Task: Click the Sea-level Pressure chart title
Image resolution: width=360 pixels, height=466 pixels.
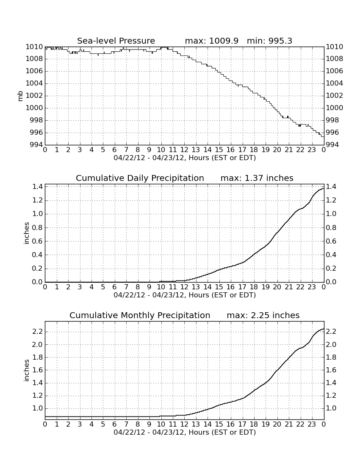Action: (x=116, y=41)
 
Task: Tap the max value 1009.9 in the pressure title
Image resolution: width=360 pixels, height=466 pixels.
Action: (x=224, y=41)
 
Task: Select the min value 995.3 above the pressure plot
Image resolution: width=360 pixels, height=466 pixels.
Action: (x=280, y=41)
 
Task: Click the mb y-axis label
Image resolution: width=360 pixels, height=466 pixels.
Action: (x=20, y=96)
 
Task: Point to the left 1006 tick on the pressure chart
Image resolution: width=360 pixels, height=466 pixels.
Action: (x=34, y=71)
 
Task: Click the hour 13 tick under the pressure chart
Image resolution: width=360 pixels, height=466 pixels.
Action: (x=196, y=150)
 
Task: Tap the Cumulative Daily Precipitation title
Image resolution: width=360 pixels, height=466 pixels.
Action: (x=140, y=178)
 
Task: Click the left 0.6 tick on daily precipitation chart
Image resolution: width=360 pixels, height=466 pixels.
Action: (x=37, y=241)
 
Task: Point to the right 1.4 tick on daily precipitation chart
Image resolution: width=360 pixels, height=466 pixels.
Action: (x=331, y=187)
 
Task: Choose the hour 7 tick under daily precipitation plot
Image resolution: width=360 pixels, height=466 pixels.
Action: (x=126, y=287)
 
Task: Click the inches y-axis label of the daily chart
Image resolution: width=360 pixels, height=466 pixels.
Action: (x=26, y=233)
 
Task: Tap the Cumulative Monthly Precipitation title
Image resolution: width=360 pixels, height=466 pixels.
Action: (x=140, y=315)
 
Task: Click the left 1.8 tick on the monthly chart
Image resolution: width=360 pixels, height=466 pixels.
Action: (x=37, y=357)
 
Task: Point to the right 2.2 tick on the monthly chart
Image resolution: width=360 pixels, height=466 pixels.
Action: (x=331, y=331)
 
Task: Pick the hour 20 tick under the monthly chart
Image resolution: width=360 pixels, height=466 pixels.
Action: (x=277, y=424)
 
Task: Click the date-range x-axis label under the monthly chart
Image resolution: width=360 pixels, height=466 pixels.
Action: (x=185, y=432)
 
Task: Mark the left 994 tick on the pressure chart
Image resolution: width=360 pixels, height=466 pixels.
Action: (x=34, y=145)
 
